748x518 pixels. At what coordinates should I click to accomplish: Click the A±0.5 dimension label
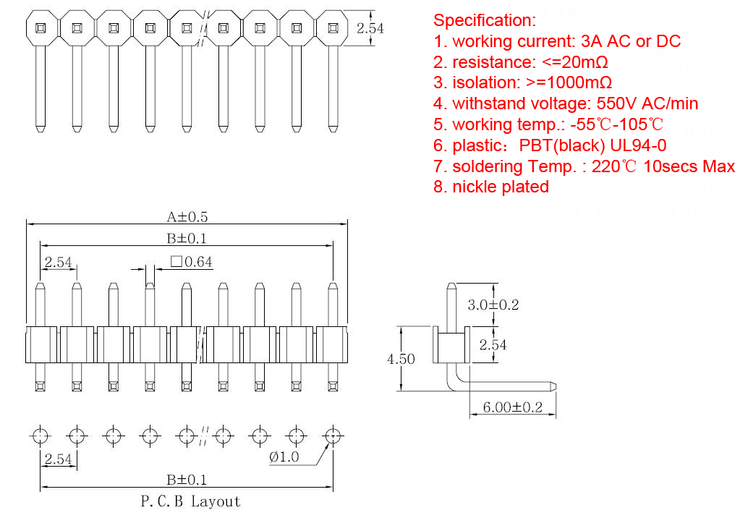(x=188, y=216)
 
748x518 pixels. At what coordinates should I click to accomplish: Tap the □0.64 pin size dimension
(x=191, y=262)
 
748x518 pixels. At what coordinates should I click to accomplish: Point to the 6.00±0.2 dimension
(x=512, y=407)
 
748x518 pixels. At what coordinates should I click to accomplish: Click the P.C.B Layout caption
(x=190, y=501)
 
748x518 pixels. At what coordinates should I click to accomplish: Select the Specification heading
(x=485, y=20)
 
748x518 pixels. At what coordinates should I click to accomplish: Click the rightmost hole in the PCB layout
(x=332, y=436)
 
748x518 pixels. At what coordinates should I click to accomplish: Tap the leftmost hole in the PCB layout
(x=40, y=436)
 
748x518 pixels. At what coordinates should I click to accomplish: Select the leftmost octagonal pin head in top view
(x=40, y=28)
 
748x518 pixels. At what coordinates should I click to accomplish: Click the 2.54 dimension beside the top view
(x=370, y=28)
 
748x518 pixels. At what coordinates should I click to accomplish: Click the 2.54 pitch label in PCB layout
(x=58, y=459)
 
